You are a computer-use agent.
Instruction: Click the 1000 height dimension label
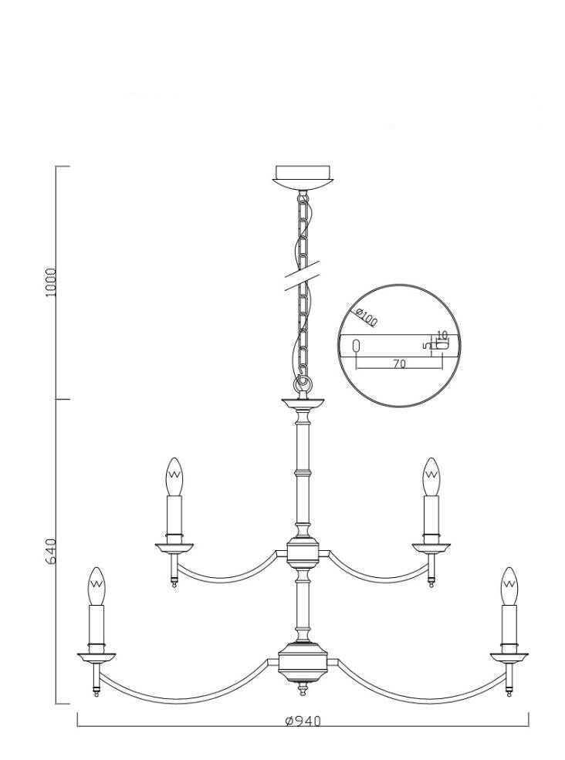point(52,282)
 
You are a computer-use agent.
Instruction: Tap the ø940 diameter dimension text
point(303,721)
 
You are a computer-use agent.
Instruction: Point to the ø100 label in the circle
point(366,316)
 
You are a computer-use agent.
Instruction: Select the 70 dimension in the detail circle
point(399,363)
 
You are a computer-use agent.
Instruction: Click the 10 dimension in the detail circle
point(442,334)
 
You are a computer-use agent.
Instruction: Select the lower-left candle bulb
point(97,586)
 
